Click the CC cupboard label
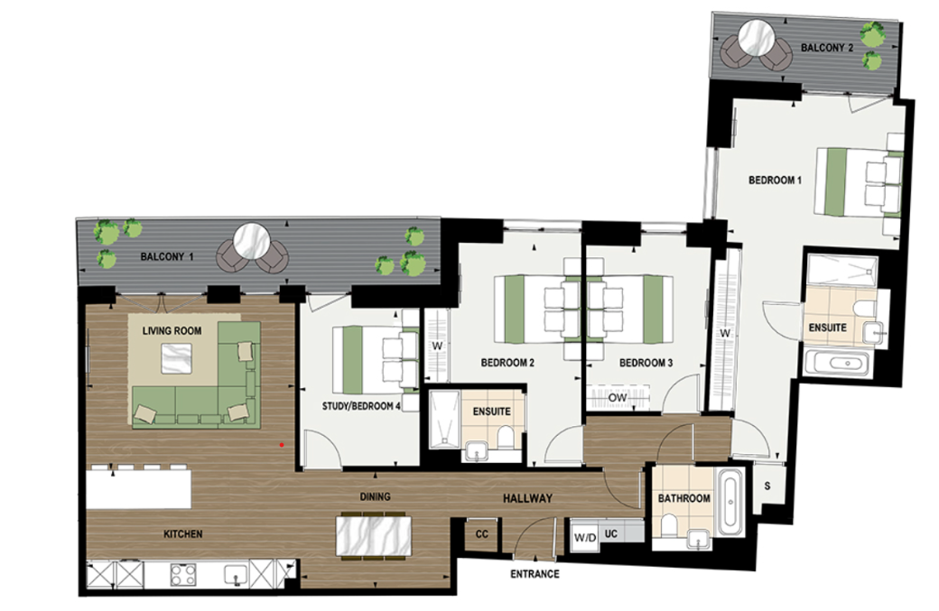pos(481,534)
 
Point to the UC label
pos(610,534)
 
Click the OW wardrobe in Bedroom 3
pos(618,397)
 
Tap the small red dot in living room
pos(282,445)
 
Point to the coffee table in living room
pos(175,360)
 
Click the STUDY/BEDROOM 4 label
pos(361,406)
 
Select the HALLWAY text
pos(527,499)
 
